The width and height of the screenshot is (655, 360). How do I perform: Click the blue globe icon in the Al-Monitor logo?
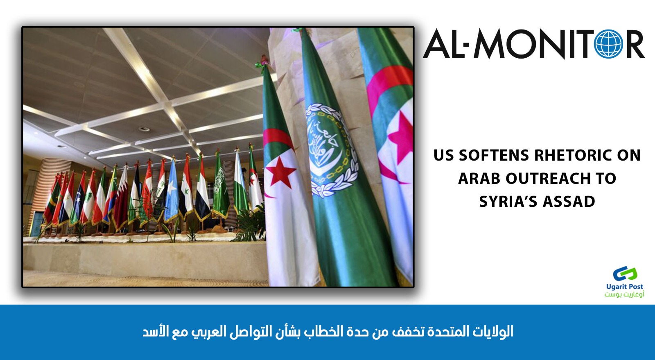(x=608, y=44)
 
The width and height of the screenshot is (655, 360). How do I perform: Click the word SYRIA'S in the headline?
(x=508, y=202)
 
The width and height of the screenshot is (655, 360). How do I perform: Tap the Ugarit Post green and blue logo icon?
(x=625, y=274)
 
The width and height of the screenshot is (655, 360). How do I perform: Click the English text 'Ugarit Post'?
(x=625, y=287)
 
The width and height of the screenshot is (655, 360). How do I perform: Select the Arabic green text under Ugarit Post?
(x=624, y=294)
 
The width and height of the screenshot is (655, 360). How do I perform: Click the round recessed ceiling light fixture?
(x=144, y=129)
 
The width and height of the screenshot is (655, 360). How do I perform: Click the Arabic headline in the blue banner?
(x=328, y=331)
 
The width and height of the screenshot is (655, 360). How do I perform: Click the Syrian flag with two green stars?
(x=186, y=189)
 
